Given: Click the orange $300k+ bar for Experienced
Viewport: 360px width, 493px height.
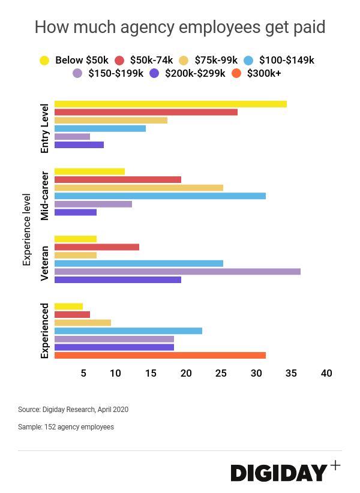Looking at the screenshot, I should click(160, 355).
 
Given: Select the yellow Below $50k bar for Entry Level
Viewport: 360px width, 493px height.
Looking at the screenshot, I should click(170, 104).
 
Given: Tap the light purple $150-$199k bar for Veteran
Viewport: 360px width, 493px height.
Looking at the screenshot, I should click(177, 271).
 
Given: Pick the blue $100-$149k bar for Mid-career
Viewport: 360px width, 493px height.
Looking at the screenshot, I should click(160, 196).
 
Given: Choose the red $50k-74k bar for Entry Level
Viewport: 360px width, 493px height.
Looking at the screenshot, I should click(146, 112).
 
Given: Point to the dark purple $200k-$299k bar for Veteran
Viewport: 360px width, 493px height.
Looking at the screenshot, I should click(118, 279).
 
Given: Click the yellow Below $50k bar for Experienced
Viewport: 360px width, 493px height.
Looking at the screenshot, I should click(68, 306).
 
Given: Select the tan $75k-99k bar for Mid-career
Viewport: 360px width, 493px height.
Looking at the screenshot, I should click(139, 188).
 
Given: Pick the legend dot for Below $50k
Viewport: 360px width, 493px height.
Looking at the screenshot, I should click(44, 60).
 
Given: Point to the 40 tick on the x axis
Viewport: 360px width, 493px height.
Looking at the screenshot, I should click(326, 373).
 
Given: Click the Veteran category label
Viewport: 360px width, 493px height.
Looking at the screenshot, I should click(44, 263).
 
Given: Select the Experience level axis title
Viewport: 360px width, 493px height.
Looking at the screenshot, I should click(26, 229).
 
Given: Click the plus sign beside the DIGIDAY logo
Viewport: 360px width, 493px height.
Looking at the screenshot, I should click(335, 465).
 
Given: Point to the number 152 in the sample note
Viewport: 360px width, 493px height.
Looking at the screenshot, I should click(47, 427).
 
